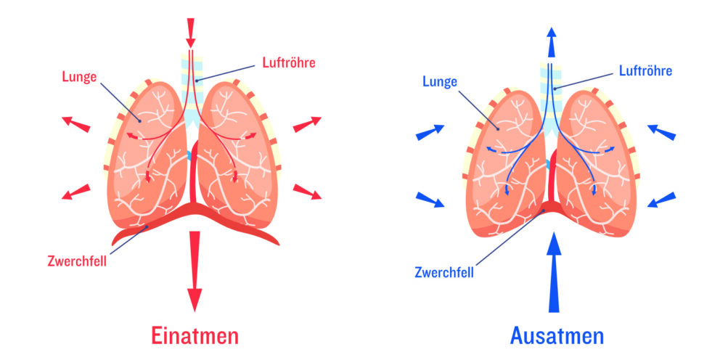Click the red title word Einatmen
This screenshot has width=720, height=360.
[x=195, y=335]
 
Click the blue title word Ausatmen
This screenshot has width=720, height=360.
[x=557, y=335]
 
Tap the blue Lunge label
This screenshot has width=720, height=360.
[x=439, y=81]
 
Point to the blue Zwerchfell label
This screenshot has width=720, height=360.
[x=444, y=273]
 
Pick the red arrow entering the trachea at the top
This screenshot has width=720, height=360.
[x=191, y=31]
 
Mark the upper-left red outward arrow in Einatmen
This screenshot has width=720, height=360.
[x=75, y=123]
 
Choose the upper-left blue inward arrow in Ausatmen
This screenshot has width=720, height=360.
[x=429, y=132]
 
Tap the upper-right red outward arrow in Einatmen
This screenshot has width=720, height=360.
[x=307, y=124]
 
